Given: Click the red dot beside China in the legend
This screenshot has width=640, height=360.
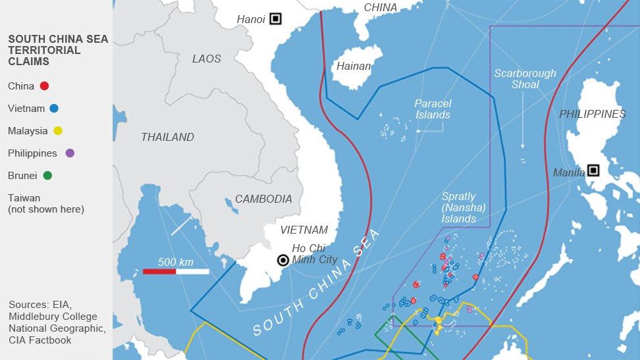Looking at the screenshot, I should coord(44,86).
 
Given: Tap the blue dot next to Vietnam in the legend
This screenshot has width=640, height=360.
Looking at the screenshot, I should coord(54,109).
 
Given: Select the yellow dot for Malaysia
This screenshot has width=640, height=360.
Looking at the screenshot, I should coord(58,131).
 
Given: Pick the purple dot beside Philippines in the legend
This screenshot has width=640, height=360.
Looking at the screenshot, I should coord(70,153).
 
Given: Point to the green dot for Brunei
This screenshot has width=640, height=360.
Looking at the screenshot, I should coord(47,176).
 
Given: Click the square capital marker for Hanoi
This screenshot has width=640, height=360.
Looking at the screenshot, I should coord(275,19).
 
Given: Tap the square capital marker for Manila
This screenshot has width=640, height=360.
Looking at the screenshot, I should coord(593,170).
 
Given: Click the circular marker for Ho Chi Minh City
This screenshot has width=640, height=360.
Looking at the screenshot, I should coord(283,260).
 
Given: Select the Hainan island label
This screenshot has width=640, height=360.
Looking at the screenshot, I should coord(354,66).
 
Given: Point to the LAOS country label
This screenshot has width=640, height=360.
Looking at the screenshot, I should coord(207,59).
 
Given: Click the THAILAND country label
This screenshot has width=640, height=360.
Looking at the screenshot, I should coord(168,138).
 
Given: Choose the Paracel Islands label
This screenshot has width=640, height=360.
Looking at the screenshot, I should coord(433,109).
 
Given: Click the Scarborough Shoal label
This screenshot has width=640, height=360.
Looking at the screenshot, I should coord(525,79).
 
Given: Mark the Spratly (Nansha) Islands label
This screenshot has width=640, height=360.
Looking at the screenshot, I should coord(464,208).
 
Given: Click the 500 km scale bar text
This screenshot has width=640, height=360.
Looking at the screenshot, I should coord(176,262).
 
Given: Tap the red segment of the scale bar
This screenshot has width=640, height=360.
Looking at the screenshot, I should coord(159,271).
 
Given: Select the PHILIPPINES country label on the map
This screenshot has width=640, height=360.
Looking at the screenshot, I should coord(592,115).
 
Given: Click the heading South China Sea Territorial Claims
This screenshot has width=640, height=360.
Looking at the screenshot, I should coord(58,50).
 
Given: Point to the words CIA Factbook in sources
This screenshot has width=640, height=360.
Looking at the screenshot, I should coord(40,340).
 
